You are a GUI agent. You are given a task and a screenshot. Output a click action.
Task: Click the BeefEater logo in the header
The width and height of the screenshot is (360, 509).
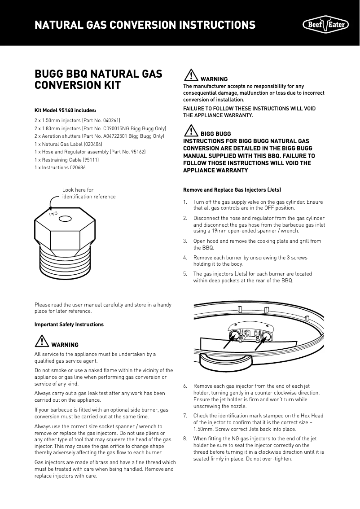pos(326,24)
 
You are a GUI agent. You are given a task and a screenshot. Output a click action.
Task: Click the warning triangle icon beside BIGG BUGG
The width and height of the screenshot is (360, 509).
pos(191,131)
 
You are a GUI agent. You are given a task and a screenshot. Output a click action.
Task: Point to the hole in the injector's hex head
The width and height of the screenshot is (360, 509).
pos(65,219)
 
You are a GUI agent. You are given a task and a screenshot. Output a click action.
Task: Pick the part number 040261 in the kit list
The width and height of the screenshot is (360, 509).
pos(107,120)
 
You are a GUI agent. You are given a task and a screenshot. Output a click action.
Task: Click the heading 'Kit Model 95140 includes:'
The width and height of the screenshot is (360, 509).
pos(66,110)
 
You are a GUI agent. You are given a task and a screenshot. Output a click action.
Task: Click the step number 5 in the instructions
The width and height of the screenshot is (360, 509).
pos(185,274)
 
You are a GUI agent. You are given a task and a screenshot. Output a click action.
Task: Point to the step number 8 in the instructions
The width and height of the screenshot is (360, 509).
pos(185,439)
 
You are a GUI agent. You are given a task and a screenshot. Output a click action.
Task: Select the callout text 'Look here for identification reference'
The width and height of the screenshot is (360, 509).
pos(88,193)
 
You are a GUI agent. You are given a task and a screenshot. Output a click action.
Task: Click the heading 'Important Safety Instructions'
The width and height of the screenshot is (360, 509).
pos(69,324)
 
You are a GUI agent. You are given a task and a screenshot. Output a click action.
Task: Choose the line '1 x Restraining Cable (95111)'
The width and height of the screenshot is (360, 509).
pos(66,160)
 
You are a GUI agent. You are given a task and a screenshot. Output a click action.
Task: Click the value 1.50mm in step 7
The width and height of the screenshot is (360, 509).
pos(204,429)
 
